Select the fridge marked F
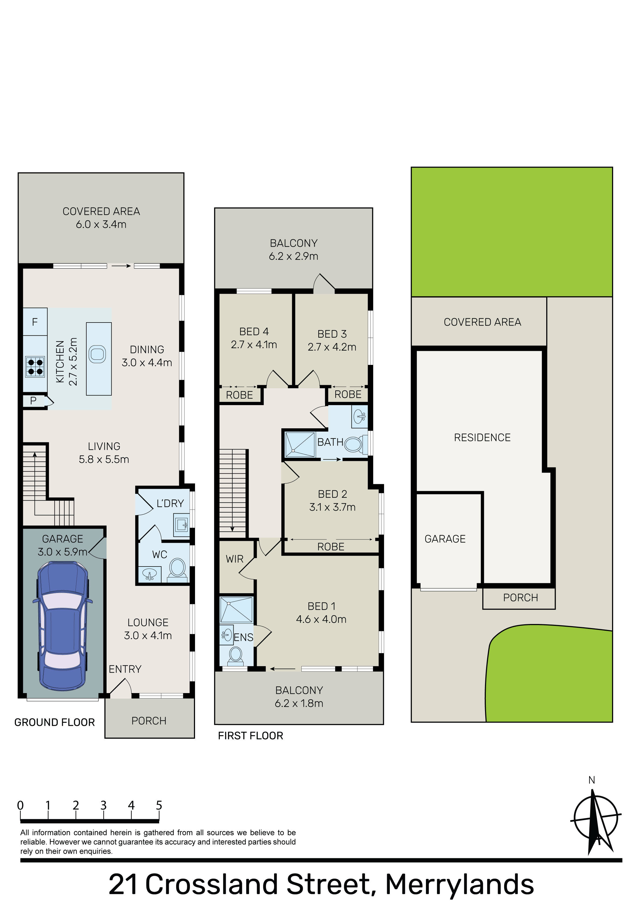click(x=35, y=322)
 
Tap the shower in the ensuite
click(x=236, y=610)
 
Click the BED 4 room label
click(x=254, y=331)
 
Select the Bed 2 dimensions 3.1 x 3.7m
click(x=333, y=507)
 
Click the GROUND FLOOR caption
click(x=54, y=722)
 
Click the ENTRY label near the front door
click(x=125, y=669)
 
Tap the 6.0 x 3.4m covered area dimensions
click(x=101, y=225)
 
